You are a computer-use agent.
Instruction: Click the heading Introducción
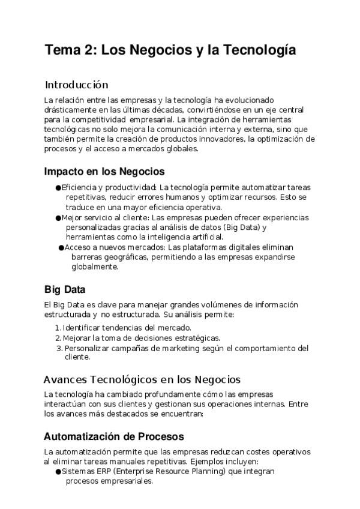coord(76,85)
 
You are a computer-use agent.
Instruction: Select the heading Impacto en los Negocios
coord(104,171)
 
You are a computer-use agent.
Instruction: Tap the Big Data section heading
coord(65,289)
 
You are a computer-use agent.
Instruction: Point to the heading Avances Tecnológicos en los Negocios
coord(142,379)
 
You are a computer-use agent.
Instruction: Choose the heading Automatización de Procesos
coord(114,436)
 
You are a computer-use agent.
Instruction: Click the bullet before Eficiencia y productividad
coord(58,188)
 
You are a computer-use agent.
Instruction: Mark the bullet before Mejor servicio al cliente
coord(58,217)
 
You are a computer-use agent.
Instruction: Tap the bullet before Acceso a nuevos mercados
coord(61,247)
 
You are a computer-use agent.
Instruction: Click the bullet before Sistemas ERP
coord(58,472)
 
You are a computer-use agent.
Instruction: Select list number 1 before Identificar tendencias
coord(58,328)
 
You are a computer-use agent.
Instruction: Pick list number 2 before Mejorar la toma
coord(58,338)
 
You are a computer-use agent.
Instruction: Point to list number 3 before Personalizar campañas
coord(59,348)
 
